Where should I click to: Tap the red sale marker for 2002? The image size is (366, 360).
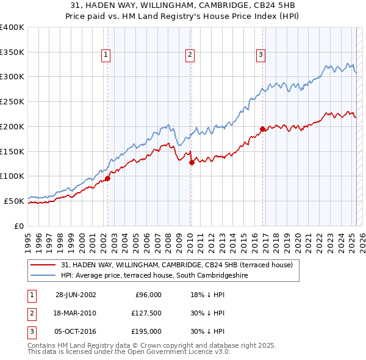[x=107, y=178]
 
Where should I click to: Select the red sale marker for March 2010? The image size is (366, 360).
[x=192, y=162]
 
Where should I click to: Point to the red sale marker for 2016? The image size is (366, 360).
[x=262, y=129]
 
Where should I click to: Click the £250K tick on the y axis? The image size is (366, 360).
[x=12, y=101]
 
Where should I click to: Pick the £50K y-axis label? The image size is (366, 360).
[x=14, y=201]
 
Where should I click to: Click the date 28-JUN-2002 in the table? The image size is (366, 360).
[x=76, y=295]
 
